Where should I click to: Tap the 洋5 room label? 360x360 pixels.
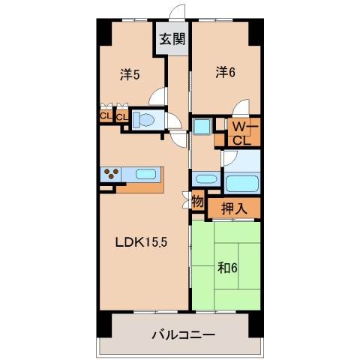pos(130,74)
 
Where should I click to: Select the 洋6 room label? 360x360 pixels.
pos(226,72)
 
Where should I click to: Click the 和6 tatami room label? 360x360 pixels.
pos(229,268)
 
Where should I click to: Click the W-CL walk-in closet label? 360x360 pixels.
pos(240,133)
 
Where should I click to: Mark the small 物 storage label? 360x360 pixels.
pos(197,201)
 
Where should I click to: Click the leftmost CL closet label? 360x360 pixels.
pos(105,116)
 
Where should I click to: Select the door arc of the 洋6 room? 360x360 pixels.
pos(241,107)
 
